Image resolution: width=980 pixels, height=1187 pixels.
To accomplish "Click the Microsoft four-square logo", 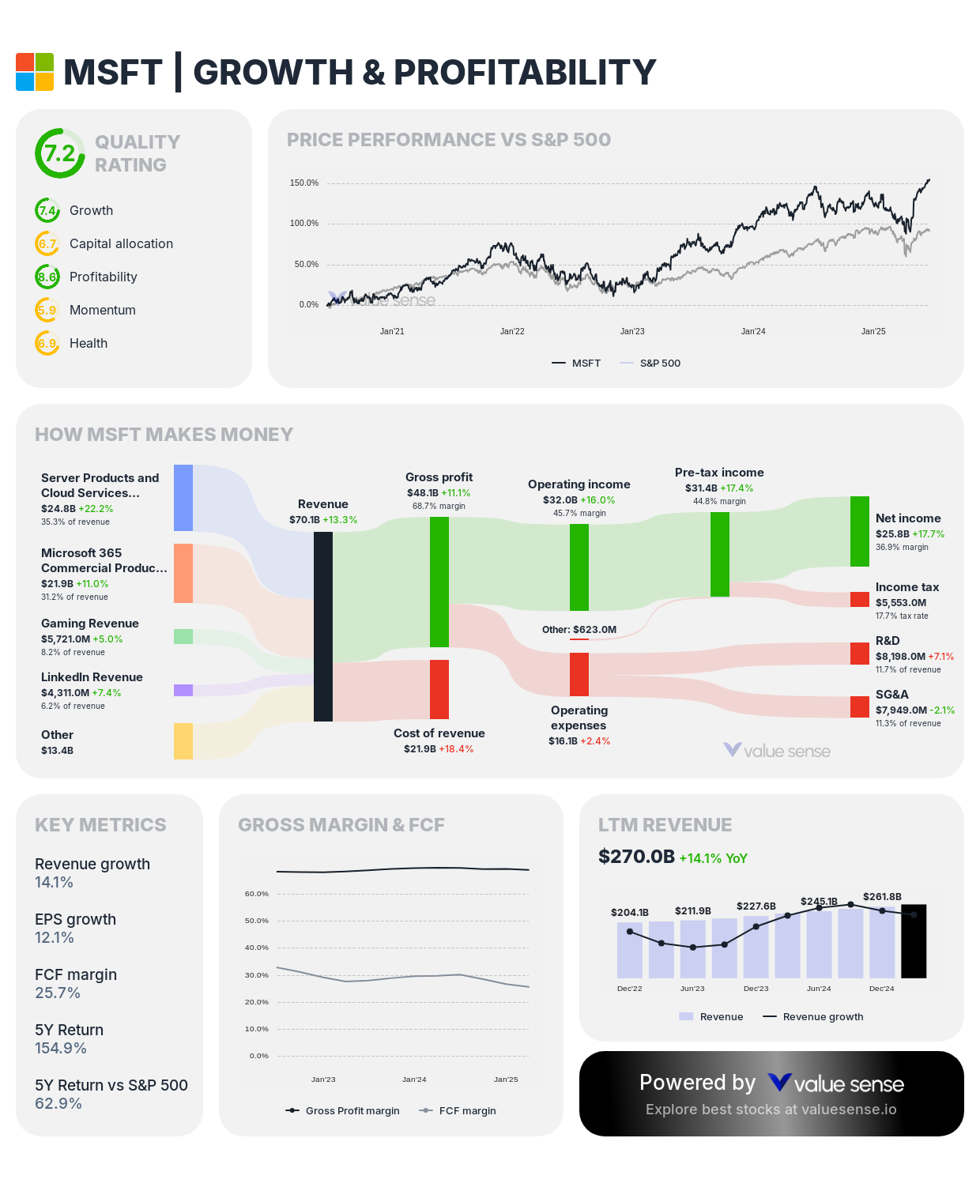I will click(x=35, y=72).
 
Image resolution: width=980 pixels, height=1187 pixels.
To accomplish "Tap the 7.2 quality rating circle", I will click(x=59, y=153).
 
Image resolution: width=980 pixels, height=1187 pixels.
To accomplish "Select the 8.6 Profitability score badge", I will click(x=47, y=277).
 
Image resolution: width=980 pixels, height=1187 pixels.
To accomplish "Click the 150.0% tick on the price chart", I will click(x=304, y=183).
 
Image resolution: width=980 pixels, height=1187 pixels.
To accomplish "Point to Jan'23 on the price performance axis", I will click(x=632, y=331).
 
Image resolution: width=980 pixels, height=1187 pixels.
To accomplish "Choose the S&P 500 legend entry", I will click(x=659, y=364).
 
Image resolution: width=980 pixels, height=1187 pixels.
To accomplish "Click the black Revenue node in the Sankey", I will click(x=323, y=626).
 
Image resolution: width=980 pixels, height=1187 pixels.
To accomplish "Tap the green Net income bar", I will click(x=859, y=531).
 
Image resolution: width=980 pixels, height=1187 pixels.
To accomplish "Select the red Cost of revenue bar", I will click(x=439, y=689).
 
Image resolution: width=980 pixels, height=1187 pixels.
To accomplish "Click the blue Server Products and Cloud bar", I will click(x=183, y=498).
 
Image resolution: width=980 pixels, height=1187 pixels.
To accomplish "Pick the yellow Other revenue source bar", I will click(x=183, y=741).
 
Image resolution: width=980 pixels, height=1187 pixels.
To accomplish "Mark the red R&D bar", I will click(x=859, y=654).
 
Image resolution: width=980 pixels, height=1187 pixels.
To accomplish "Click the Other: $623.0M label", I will click(x=579, y=630).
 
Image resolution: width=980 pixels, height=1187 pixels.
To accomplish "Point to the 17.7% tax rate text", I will click(x=902, y=616).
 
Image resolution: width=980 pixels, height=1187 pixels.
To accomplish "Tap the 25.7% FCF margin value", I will click(x=58, y=993).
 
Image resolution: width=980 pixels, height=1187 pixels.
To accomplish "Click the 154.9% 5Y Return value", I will click(x=61, y=1048).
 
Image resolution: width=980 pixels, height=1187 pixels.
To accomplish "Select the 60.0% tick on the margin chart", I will click(x=257, y=894).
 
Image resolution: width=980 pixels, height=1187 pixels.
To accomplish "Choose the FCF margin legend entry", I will click(x=467, y=1110).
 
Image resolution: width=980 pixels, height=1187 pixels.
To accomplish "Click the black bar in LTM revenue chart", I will click(x=914, y=941).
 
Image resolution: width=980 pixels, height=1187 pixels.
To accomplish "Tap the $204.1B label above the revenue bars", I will click(x=630, y=912).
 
